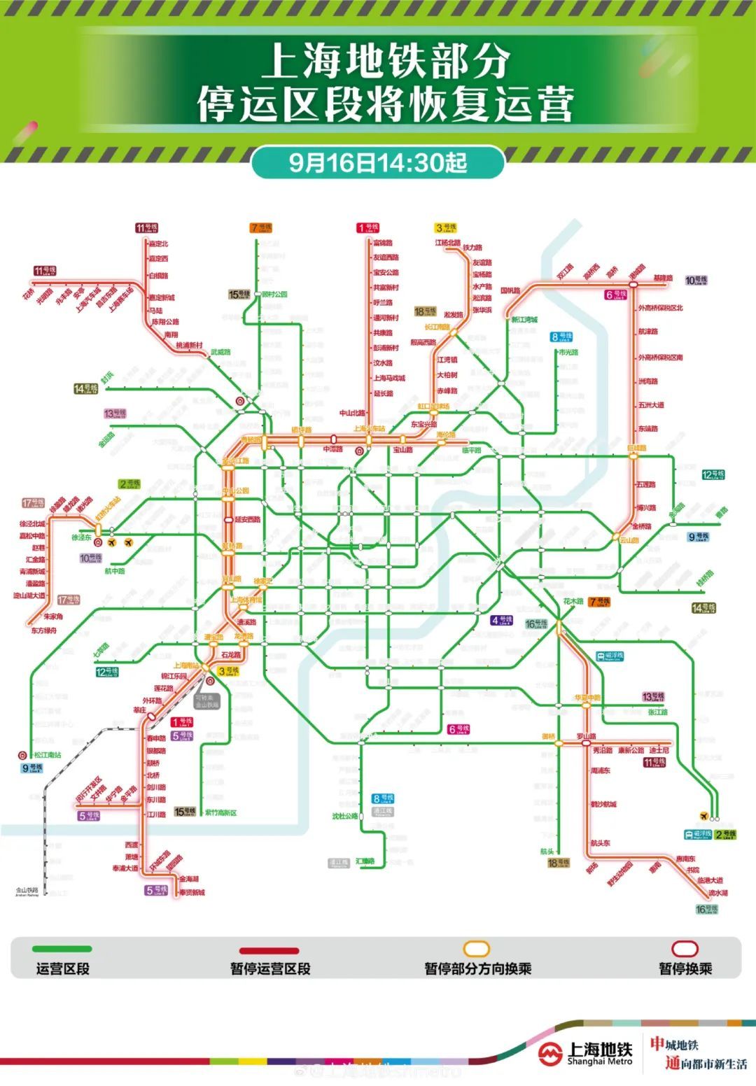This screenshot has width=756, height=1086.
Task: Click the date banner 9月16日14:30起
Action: (x=378, y=162)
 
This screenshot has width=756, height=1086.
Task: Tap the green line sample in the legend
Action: (x=62, y=949)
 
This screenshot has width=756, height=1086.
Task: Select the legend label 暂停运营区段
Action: (x=270, y=968)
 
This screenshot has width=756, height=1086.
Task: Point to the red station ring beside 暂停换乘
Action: (x=685, y=949)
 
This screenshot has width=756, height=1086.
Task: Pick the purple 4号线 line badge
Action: (x=501, y=620)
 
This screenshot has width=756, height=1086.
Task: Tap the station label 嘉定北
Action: (x=158, y=244)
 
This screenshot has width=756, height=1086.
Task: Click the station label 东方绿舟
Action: (x=43, y=630)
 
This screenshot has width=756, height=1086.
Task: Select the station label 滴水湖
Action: (x=717, y=893)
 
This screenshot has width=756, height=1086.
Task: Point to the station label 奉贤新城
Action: (x=192, y=892)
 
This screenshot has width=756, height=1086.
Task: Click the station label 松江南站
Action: (x=48, y=755)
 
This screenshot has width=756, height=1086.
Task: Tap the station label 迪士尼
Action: (x=659, y=750)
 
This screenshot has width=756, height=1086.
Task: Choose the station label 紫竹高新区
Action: (x=220, y=812)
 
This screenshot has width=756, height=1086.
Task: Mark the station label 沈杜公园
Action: (x=344, y=816)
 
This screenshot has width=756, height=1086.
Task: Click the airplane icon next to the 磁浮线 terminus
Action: (x=703, y=816)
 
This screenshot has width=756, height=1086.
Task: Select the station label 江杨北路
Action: (x=447, y=243)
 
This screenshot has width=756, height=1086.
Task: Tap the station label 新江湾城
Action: (x=524, y=319)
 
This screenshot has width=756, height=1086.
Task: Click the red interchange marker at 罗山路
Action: (x=586, y=743)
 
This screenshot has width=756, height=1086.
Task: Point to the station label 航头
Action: (x=547, y=852)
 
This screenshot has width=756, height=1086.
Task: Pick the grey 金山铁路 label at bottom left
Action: (x=27, y=891)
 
